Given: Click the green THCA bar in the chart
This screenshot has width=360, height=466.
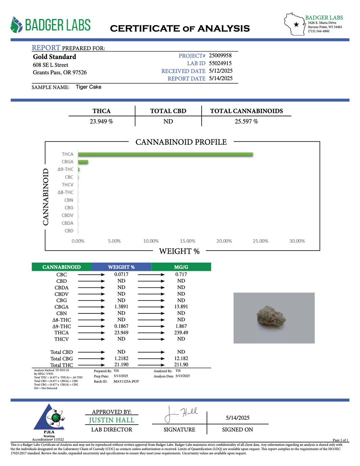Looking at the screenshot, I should point(165,154).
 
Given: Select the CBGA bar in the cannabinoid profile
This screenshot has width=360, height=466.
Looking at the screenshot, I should point(83,162).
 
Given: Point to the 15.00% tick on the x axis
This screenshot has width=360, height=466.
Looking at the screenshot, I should point(188,241).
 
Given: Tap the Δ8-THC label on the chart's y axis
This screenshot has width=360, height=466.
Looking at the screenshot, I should point(65,192).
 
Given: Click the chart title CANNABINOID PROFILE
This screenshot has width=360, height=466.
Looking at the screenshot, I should point(181,142).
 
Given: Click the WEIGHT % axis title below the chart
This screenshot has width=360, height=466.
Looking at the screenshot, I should point(179,251).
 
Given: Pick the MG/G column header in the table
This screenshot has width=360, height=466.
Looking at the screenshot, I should point(181,267).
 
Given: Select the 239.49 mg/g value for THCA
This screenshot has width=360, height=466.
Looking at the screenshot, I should point(181,333).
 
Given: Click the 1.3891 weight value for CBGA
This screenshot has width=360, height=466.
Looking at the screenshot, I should point(121,307).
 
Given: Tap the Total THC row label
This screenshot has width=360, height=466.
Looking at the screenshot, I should point(62,365).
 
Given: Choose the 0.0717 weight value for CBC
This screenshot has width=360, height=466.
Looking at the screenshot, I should point(121,274).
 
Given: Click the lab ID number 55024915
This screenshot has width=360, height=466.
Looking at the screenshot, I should point(220,63).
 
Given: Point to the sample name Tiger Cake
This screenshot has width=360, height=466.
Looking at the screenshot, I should point(88,87).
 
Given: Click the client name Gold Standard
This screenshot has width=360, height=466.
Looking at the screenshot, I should point(55,57).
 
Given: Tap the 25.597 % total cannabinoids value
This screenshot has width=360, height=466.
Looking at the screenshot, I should point(246,121).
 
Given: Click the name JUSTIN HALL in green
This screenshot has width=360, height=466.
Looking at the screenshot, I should point(111,420).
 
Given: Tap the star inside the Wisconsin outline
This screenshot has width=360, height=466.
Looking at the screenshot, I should point(296,24).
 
